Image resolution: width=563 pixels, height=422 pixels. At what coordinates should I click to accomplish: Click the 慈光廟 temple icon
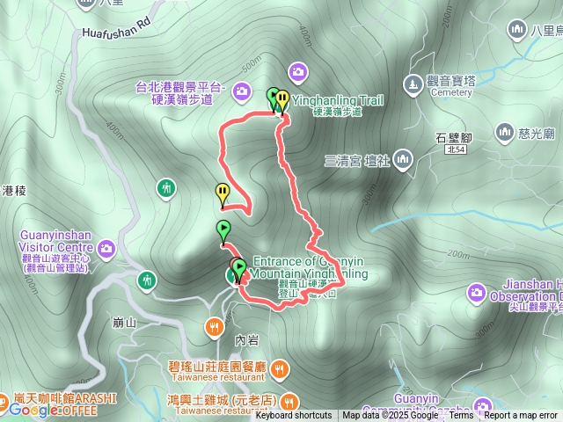[x=504, y=133]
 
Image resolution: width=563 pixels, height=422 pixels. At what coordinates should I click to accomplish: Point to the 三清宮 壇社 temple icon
[x=404, y=159]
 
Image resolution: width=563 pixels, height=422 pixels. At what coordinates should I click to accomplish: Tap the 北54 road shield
[x=456, y=150]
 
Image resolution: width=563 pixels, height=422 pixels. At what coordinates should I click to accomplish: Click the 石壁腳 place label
[x=455, y=136]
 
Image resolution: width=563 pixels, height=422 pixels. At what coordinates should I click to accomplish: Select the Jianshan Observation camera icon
[x=476, y=292]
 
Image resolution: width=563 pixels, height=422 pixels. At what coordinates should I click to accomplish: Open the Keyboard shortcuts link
[x=294, y=416]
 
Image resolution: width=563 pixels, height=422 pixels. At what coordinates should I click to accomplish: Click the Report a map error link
[x=522, y=416]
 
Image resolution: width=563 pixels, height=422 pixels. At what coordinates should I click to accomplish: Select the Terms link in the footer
[x=461, y=416]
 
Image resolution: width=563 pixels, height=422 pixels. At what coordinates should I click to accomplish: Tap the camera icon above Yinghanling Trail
[x=298, y=71]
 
